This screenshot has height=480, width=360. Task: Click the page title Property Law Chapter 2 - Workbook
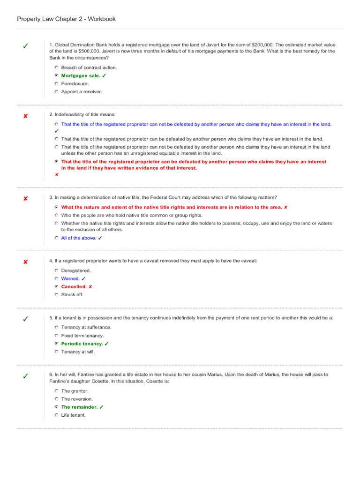click(66, 19)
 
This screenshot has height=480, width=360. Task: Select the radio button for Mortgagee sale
click(56, 75)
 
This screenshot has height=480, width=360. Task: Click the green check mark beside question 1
click(25, 46)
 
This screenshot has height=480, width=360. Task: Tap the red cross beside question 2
click(25, 116)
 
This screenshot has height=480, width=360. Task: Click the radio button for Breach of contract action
click(56, 67)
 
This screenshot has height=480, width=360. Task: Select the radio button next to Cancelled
click(56, 286)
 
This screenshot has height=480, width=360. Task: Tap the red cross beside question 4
click(25, 262)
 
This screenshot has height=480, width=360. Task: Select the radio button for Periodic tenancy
click(56, 344)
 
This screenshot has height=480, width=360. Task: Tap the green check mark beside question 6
click(25, 376)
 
